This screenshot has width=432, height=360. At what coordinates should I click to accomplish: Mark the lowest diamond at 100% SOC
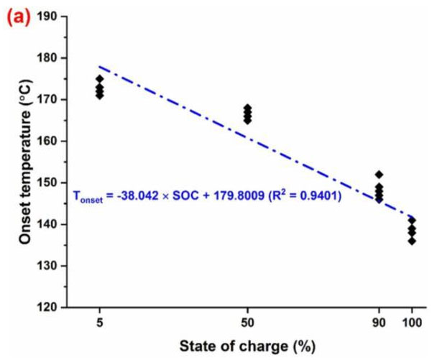pos(412,241)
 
